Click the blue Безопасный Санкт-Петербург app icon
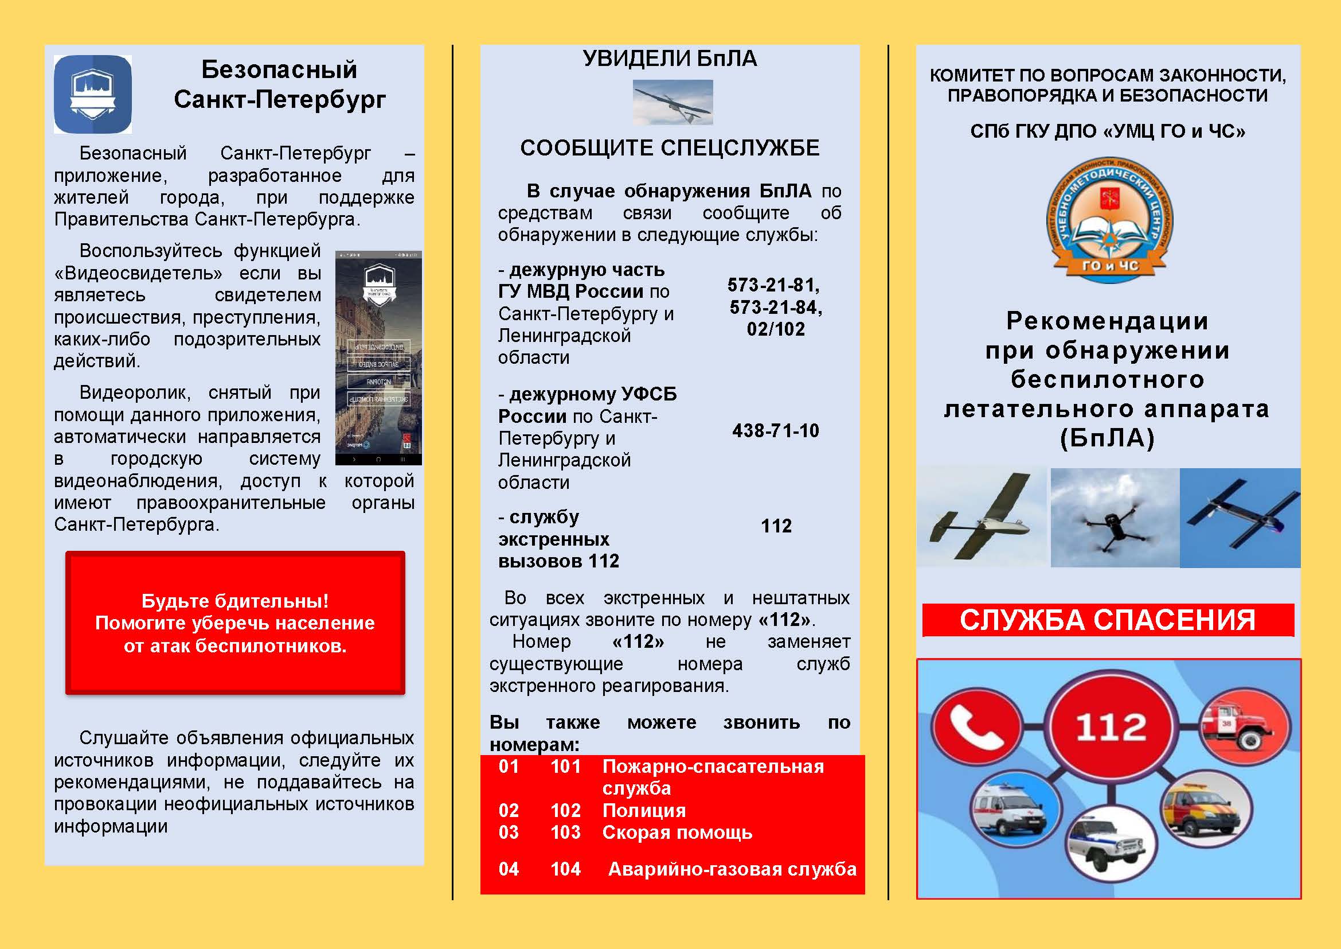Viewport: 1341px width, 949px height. pyautogui.click(x=92, y=94)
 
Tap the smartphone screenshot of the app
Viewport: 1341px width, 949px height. pyautogui.click(x=378, y=357)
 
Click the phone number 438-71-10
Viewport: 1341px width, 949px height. pyautogui.click(x=776, y=431)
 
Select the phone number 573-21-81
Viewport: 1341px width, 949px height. pyautogui.click(x=773, y=285)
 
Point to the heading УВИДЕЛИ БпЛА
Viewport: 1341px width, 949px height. pyautogui.click(x=669, y=59)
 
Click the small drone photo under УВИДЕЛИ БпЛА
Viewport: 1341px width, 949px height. pyautogui.click(x=673, y=102)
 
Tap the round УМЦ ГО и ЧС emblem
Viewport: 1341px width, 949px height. pyautogui.click(x=1109, y=220)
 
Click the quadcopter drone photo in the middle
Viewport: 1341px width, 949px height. pyautogui.click(x=1115, y=518)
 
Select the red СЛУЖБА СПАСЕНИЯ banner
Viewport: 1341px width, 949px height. pyautogui.click(x=1108, y=620)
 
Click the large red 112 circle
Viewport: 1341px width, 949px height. pyautogui.click(x=1111, y=726)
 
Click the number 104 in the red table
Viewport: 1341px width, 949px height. pyautogui.click(x=565, y=869)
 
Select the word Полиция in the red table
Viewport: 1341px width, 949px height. pyautogui.click(x=644, y=811)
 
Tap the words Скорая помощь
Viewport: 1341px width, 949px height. pyautogui.click(x=677, y=832)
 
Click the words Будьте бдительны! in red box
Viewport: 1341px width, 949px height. pyautogui.click(x=235, y=601)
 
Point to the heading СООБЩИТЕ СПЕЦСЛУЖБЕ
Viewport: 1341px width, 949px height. pyautogui.click(x=669, y=148)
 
